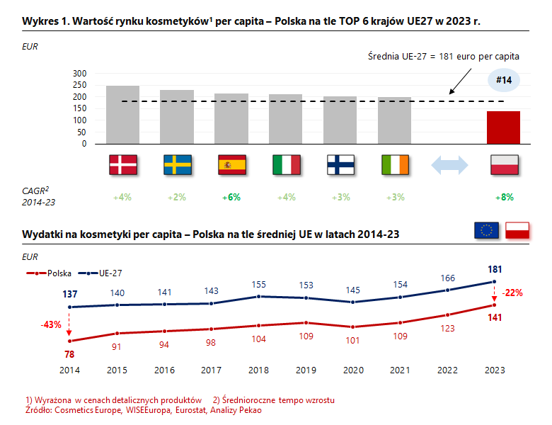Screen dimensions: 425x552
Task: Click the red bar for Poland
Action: click(x=503, y=127)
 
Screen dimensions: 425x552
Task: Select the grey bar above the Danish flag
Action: click(x=122, y=115)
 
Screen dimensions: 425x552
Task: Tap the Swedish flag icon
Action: click(x=177, y=165)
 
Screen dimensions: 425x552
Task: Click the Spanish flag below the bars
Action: click(x=231, y=165)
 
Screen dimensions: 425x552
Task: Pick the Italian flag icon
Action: click(x=286, y=165)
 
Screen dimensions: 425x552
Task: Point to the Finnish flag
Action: click(x=340, y=165)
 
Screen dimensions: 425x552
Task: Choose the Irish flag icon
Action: click(x=395, y=165)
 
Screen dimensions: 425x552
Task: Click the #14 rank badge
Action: click(x=504, y=81)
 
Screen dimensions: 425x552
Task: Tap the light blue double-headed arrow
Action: click(x=449, y=165)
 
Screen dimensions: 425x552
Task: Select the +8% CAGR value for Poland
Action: click(x=504, y=198)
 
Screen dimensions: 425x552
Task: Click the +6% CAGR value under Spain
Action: click(x=231, y=198)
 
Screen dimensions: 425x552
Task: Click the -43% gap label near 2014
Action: click(x=50, y=325)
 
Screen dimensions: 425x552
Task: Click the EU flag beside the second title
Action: click(x=485, y=230)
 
